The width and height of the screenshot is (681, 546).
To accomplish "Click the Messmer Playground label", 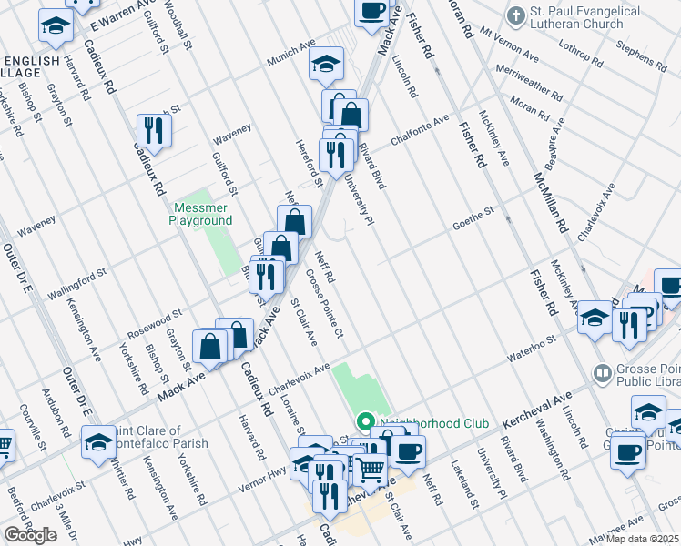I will click(x=201, y=214).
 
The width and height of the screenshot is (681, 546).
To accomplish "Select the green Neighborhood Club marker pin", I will click(x=365, y=422).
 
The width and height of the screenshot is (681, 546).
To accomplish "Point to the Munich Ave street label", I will click(x=290, y=60).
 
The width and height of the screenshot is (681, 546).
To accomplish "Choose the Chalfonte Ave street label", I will click(x=420, y=130).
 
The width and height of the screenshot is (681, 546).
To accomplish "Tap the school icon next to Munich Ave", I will click(x=325, y=66).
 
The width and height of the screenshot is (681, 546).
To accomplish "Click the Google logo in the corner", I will click(x=30, y=535).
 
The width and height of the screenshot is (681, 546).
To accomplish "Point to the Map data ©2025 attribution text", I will click(x=644, y=539).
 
